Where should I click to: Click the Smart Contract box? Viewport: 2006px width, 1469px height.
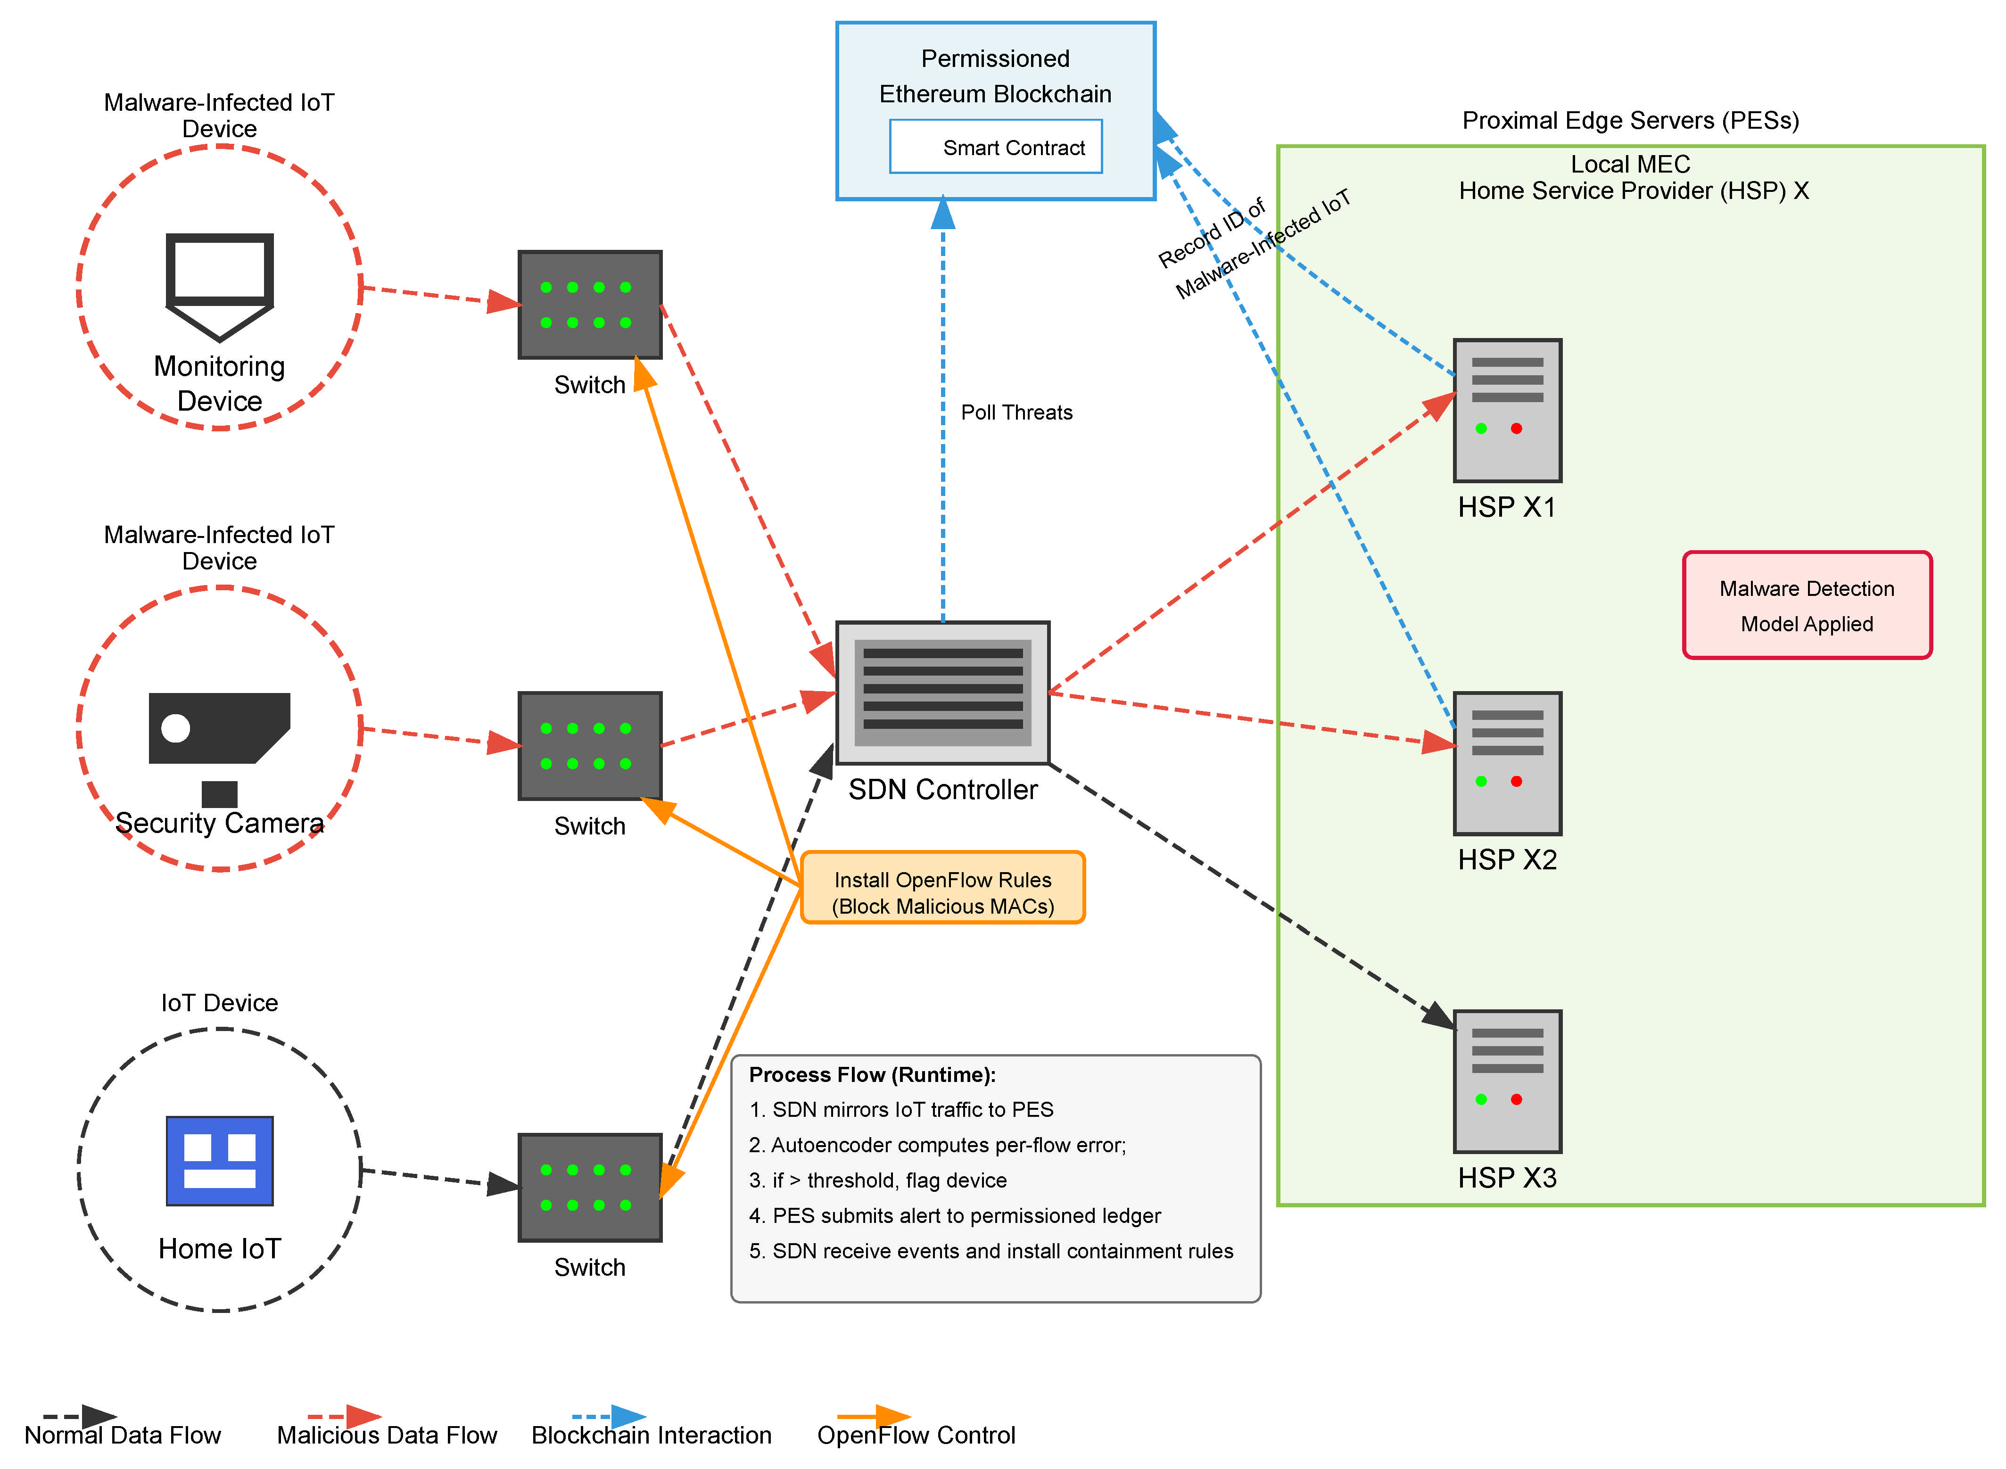click(x=995, y=147)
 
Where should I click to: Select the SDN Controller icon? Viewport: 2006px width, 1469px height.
click(x=942, y=692)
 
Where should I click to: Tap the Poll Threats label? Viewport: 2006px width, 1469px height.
click(x=1016, y=413)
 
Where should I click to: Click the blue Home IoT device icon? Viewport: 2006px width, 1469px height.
click(x=220, y=1160)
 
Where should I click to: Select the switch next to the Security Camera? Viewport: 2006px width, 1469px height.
click(x=589, y=745)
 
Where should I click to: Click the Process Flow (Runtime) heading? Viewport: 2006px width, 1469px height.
click(x=871, y=1074)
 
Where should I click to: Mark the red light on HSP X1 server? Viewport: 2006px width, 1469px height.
click(x=1516, y=429)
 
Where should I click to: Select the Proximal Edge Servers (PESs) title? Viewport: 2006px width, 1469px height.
click(x=1630, y=120)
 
